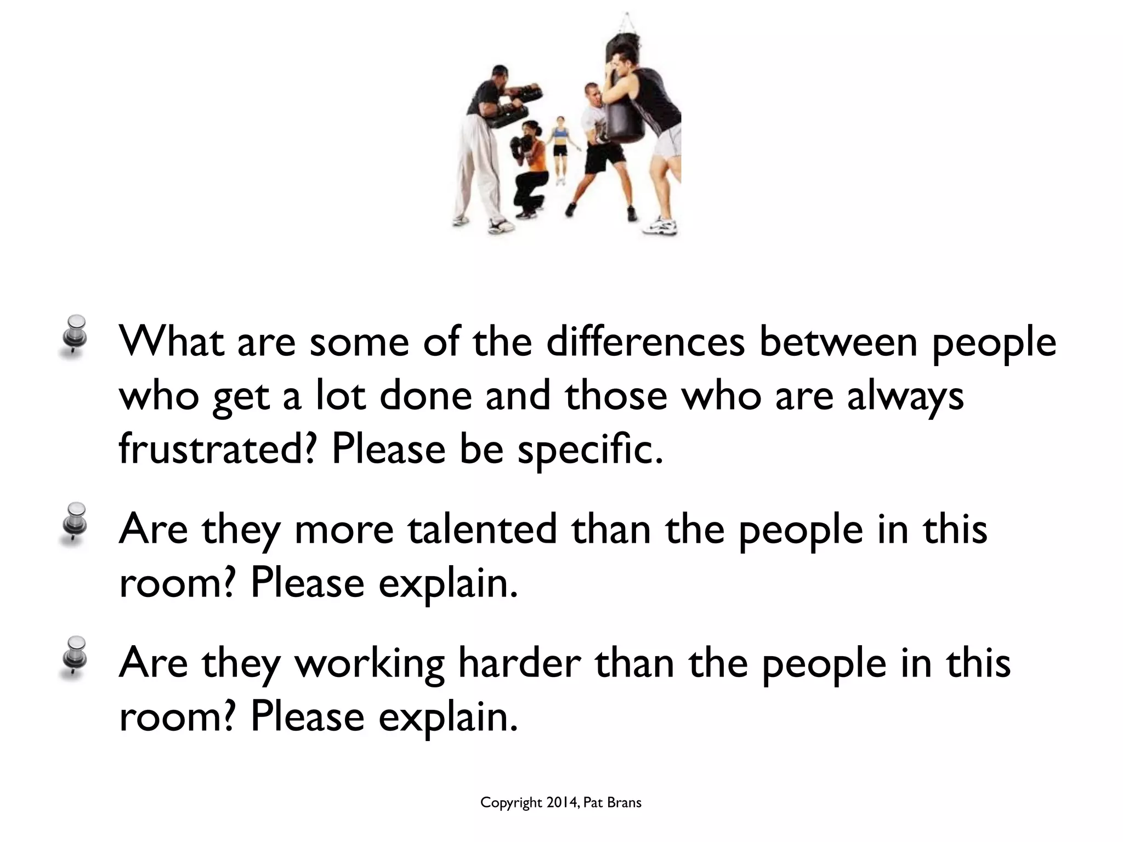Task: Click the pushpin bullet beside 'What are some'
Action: [74, 336]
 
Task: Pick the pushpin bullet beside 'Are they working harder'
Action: [74, 657]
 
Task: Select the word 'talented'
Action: [483, 530]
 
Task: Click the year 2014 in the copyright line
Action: [561, 803]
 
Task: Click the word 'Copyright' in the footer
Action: [511, 804]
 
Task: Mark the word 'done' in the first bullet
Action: [426, 396]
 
